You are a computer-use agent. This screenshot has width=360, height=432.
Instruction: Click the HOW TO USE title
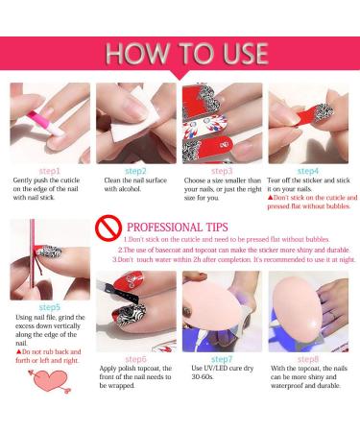[x=180, y=51]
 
